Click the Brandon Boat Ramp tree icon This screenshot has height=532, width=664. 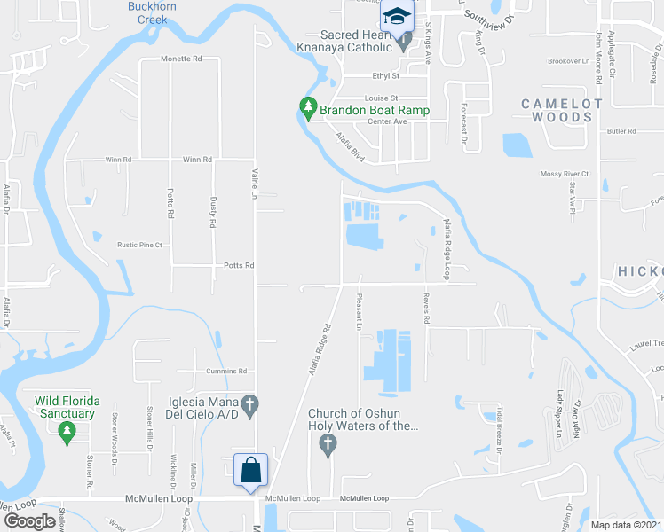click(309, 108)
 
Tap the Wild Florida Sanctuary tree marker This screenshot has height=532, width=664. click(66, 432)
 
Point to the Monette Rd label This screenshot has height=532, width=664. click(182, 59)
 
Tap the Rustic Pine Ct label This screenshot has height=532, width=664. click(140, 245)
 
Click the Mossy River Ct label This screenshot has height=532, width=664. click(565, 174)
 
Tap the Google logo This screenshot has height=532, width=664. click(28, 520)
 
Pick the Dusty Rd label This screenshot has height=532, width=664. click(213, 212)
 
